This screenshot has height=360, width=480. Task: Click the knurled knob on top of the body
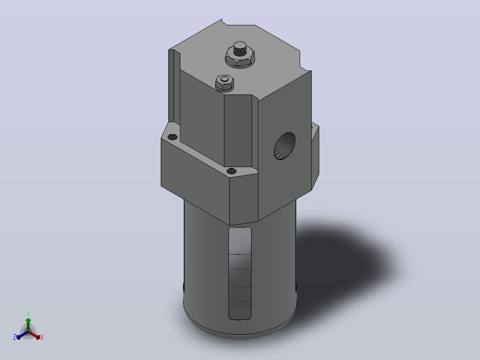click(x=240, y=49)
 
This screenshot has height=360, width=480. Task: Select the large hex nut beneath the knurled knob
click(x=240, y=58)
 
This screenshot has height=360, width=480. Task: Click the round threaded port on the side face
click(x=285, y=146)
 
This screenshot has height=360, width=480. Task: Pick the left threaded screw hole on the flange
click(x=173, y=137)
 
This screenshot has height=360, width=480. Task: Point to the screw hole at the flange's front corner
click(x=232, y=171)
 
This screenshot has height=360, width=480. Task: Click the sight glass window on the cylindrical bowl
click(x=240, y=273)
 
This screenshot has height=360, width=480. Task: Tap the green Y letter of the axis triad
click(x=28, y=313)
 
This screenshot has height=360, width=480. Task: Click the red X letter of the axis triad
click(x=42, y=337)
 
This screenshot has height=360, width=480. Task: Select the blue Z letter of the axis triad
click(x=15, y=337)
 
